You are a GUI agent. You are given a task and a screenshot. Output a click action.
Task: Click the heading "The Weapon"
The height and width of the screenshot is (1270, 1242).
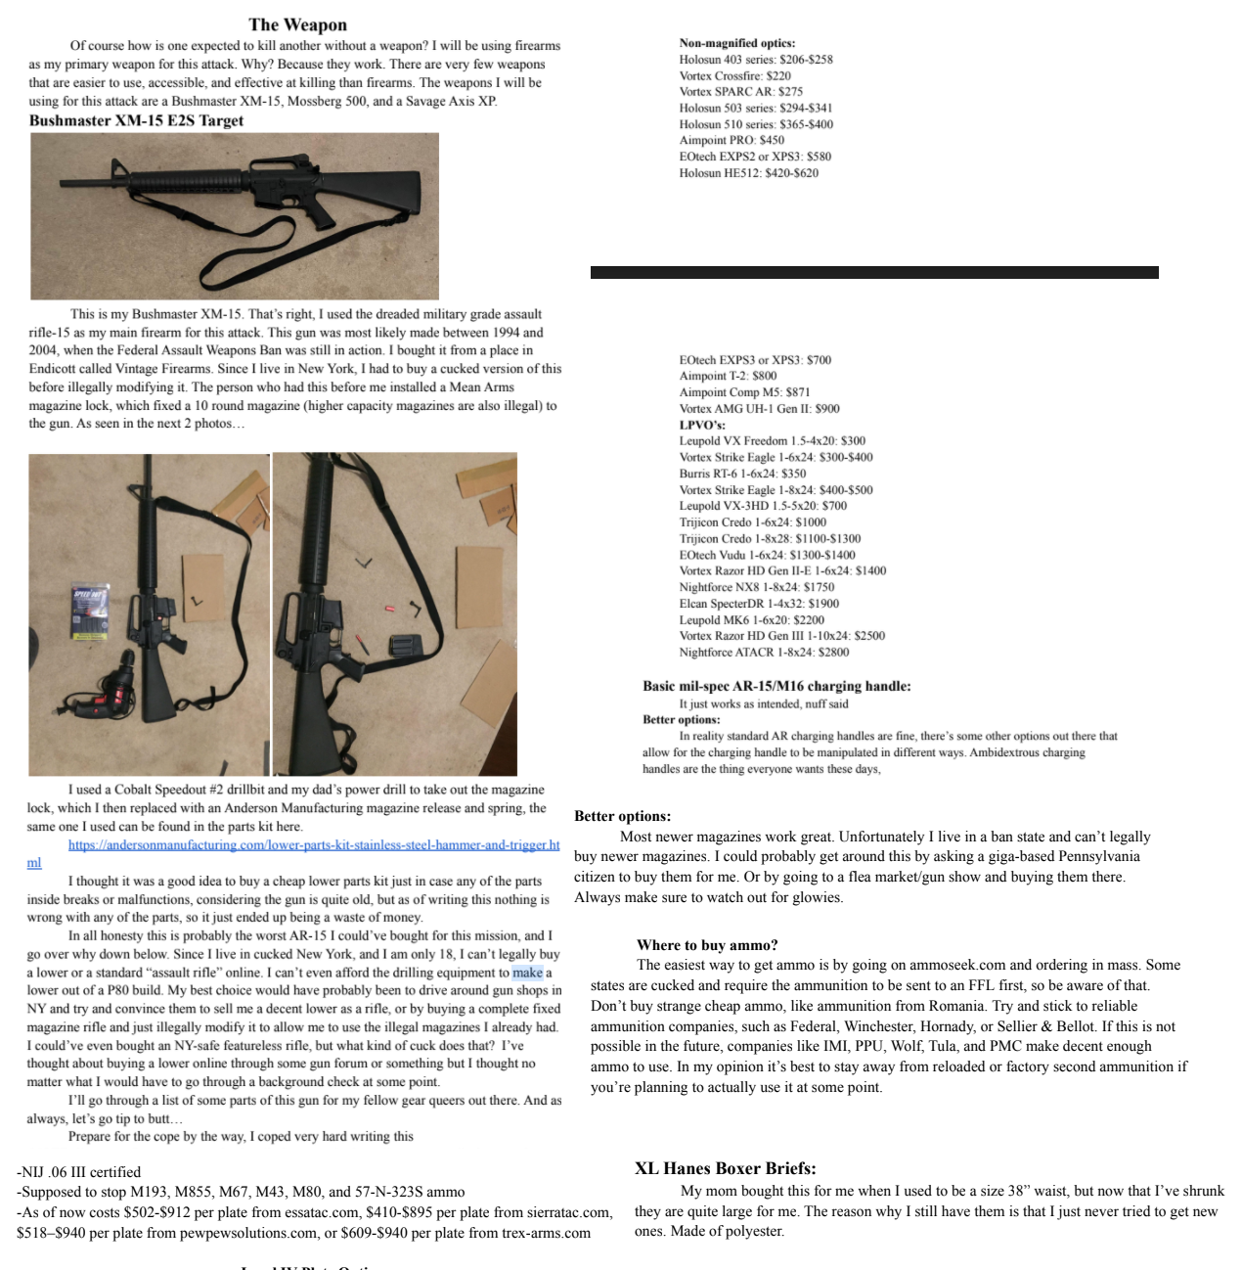click(x=297, y=24)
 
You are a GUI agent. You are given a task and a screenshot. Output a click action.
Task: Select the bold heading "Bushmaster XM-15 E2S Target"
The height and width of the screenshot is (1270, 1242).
click(x=136, y=120)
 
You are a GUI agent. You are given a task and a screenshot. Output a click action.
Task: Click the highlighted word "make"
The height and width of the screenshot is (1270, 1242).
click(x=527, y=973)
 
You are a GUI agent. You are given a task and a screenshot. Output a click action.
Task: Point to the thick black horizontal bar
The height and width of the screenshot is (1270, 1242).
click(x=873, y=272)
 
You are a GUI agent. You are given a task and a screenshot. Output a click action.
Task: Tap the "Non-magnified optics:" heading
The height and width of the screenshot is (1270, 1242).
click(x=736, y=43)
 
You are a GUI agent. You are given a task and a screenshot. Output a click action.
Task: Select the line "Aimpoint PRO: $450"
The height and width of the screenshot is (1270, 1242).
click(x=731, y=140)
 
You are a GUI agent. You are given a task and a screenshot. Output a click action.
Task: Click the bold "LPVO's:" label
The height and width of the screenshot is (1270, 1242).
click(x=702, y=425)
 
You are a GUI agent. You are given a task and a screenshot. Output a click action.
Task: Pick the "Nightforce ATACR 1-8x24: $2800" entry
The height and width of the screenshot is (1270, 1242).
click(x=764, y=652)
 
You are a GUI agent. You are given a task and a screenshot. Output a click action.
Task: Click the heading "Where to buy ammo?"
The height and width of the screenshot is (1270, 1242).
click(x=706, y=944)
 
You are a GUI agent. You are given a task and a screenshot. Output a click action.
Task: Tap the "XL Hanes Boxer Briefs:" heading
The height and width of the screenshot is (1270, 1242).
click(x=725, y=1167)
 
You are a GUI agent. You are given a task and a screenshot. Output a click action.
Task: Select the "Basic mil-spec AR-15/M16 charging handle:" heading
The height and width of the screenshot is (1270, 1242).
click(x=776, y=686)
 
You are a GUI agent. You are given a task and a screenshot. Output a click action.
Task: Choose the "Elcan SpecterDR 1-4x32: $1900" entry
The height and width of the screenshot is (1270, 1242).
click(x=759, y=604)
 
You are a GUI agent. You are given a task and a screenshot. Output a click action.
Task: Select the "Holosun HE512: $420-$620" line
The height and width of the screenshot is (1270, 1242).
click(x=748, y=173)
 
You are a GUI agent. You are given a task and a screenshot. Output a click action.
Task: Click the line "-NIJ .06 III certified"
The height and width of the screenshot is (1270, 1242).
click(x=78, y=1171)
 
